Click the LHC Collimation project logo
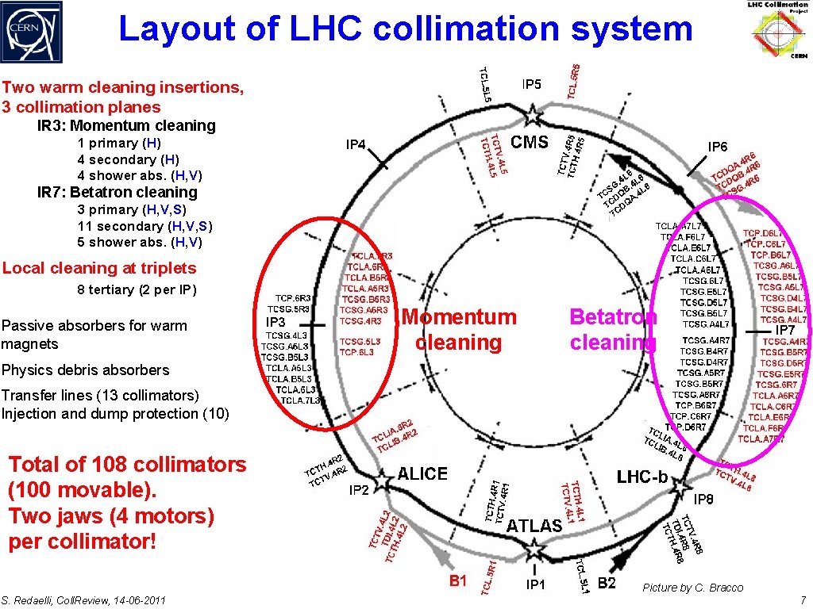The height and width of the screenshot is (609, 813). click(777, 30)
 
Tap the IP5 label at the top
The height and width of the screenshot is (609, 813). click(532, 84)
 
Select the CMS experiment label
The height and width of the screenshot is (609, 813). click(529, 143)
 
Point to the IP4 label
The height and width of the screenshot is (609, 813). click(356, 145)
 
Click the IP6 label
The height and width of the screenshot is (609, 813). click(718, 147)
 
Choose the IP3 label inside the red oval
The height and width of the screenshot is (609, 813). click(275, 323)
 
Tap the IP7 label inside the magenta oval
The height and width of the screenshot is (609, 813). click(785, 329)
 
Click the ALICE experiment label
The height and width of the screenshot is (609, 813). click(422, 474)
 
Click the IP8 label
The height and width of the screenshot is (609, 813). click(703, 500)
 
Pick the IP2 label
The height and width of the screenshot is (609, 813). click(359, 490)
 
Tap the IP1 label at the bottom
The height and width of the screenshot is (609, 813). click(536, 585)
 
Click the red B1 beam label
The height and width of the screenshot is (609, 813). click(458, 581)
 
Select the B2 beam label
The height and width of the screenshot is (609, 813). click(607, 584)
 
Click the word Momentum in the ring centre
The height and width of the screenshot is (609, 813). click(461, 317)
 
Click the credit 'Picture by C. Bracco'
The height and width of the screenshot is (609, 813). click(693, 588)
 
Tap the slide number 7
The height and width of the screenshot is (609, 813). click(803, 599)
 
